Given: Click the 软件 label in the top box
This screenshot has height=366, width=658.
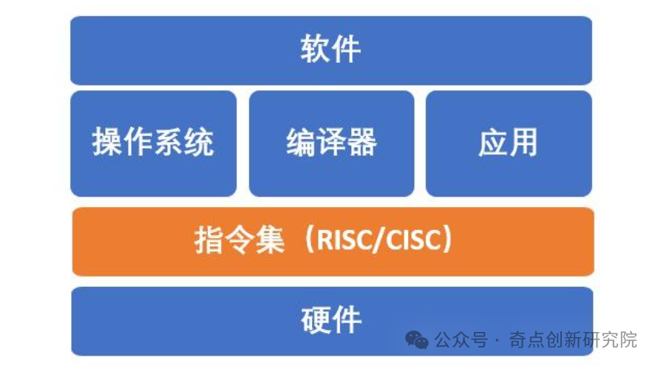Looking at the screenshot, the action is pyautogui.click(x=330, y=50).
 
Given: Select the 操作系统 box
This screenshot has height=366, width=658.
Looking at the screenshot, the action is pyautogui.click(x=154, y=143).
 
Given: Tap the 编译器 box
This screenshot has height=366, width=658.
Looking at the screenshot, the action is pyautogui.click(x=331, y=143).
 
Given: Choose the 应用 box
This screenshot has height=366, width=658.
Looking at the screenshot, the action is pyautogui.click(x=509, y=143).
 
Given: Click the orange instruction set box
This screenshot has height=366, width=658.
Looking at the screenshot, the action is pyautogui.click(x=333, y=241).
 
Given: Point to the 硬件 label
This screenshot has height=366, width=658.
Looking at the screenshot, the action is pyautogui.click(x=331, y=320).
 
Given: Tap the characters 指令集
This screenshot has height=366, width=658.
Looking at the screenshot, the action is pyautogui.click(x=240, y=240).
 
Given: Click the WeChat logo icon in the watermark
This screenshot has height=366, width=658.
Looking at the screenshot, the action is pyautogui.click(x=416, y=339).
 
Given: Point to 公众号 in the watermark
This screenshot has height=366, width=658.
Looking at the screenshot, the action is pyautogui.click(x=461, y=339).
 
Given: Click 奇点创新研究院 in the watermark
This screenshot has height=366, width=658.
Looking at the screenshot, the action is pyautogui.click(x=573, y=339).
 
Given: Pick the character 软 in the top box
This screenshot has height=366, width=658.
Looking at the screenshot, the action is pyautogui.click(x=315, y=50).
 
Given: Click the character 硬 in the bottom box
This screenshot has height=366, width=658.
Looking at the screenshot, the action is pyautogui.click(x=316, y=320).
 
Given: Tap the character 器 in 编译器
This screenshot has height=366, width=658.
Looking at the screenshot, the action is pyautogui.click(x=362, y=143).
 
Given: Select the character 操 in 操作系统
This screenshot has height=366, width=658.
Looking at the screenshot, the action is pyautogui.click(x=107, y=142).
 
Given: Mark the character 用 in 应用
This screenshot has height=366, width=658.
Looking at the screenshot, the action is pyautogui.click(x=523, y=143).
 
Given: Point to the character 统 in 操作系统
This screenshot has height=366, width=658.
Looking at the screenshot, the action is pyautogui.click(x=199, y=142).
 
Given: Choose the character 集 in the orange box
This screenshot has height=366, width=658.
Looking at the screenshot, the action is pyautogui.click(x=270, y=240).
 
